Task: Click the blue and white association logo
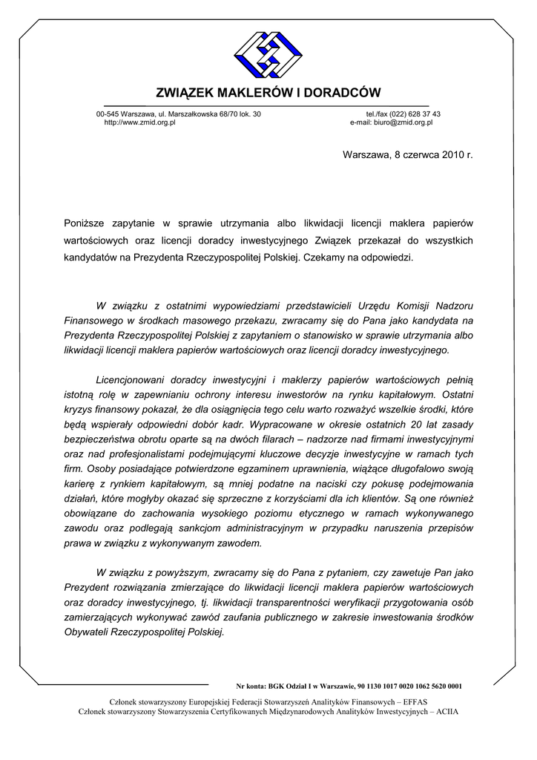(x=268, y=56)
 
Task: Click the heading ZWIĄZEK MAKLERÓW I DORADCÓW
(x=268, y=93)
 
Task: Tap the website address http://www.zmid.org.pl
(x=139, y=122)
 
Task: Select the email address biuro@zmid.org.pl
(x=391, y=122)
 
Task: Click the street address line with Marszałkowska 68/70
(x=179, y=114)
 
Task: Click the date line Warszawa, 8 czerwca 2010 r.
(x=407, y=154)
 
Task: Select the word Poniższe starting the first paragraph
(x=85, y=222)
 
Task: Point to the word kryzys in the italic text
(x=78, y=410)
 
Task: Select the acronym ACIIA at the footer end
(x=447, y=711)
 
